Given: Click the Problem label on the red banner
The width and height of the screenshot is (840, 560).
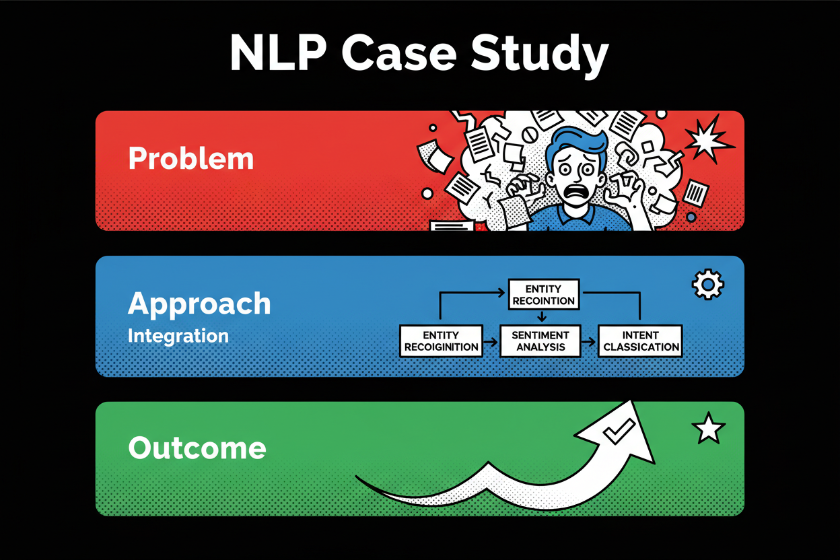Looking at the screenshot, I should pyautogui.click(x=190, y=159).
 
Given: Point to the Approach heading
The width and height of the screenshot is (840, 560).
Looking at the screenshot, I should pyautogui.click(x=199, y=304).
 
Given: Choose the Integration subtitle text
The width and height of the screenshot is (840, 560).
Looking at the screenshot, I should pyautogui.click(x=178, y=335).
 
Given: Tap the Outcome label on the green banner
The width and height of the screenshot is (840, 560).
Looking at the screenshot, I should pyautogui.click(x=197, y=448).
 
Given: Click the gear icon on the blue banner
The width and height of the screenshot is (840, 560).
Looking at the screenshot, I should pyautogui.click(x=707, y=284).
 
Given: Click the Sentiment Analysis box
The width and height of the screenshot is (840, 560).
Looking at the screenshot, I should pyautogui.click(x=540, y=341).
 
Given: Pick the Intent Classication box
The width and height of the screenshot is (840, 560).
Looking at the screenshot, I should pyautogui.click(x=641, y=341).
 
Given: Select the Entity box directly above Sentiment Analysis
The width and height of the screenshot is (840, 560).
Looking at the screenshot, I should pyautogui.click(x=543, y=294).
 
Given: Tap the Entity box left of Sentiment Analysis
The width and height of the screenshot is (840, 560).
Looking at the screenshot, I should pyautogui.click(x=441, y=341).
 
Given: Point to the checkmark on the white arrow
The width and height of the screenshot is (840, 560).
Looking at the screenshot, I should pyautogui.click(x=618, y=431).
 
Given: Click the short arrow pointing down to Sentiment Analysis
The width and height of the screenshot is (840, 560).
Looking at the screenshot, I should pyautogui.click(x=541, y=316).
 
